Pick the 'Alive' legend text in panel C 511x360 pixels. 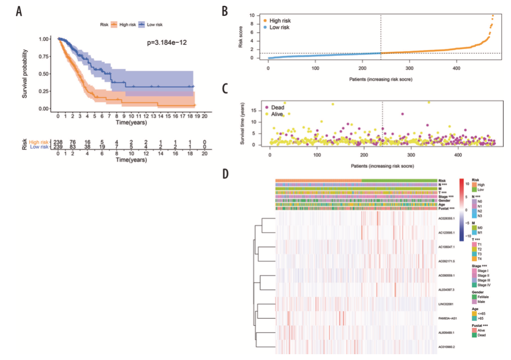[278, 114]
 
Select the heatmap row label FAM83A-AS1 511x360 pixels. [448, 318]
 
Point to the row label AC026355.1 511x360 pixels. [448, 217]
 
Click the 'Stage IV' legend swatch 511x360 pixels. [475, 285]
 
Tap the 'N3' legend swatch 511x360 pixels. [475, 215]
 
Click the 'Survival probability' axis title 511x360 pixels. [25, 74]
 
